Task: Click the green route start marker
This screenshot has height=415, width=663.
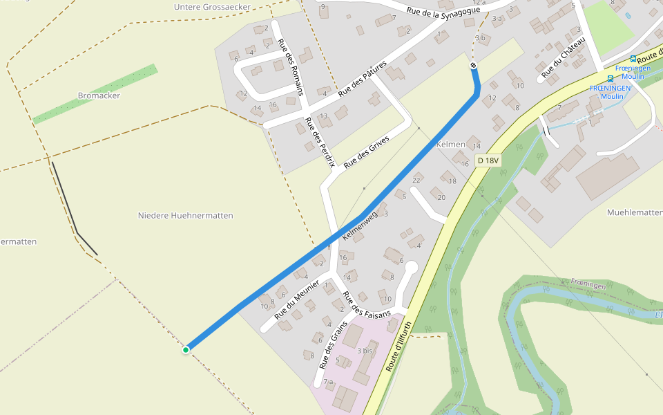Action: (x=186, y=350)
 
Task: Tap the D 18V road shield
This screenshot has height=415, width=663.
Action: (x=488, y=160)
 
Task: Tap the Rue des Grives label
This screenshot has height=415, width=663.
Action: (x=367, y=151)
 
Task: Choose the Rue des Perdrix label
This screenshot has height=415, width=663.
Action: (x=320, y=141)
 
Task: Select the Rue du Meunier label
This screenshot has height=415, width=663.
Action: (x=297, y=299)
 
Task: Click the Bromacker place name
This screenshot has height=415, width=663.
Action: (x=99, y=95)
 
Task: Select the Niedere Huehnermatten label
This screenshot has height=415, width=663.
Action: (x=186, y=216)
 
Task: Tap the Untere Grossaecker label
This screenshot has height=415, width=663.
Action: (x=212, y=7)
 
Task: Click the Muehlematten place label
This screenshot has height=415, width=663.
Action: (x=634, y=212)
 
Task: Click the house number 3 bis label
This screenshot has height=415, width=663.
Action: (x=365, y=351)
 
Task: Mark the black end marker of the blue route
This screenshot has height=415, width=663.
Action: (x=474, y=66)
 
